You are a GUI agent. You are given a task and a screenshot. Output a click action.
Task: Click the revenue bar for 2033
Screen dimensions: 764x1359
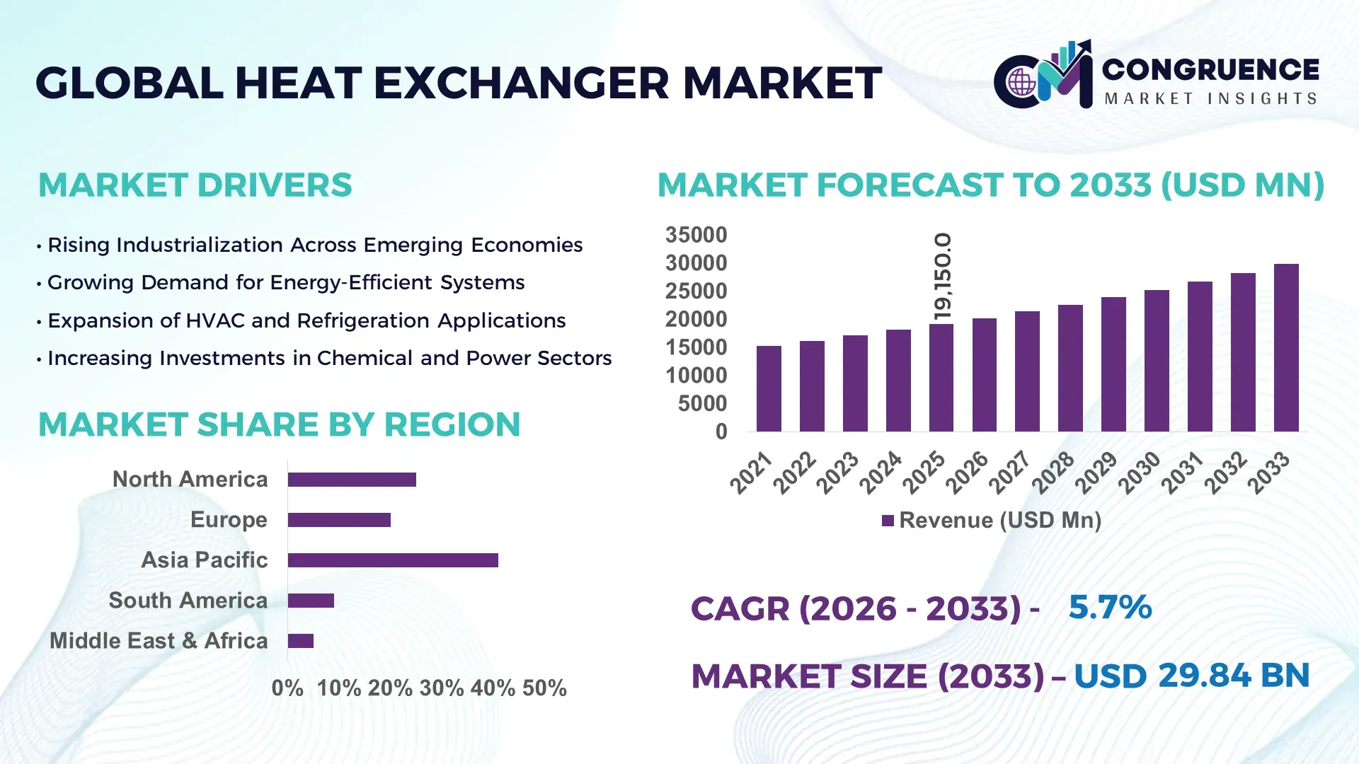coord(1286,348)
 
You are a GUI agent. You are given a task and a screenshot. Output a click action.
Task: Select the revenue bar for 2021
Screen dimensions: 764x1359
coord(769,389)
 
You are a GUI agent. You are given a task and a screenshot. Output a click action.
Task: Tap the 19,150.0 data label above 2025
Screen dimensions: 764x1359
coord(943,277)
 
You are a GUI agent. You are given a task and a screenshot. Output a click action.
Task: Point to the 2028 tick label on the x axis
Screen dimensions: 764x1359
coord(1053,472)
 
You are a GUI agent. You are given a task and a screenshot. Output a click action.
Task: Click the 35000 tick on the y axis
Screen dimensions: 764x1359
coord(696,235)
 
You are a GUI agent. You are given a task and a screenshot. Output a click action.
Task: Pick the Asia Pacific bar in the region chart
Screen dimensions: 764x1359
coord(393,560)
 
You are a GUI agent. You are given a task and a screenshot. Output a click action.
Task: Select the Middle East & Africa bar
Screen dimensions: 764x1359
coord(301,641)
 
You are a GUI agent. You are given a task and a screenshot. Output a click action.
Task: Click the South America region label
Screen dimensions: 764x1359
coord(188,601)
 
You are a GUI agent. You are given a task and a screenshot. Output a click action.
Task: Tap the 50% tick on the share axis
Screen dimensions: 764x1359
coord(544,688)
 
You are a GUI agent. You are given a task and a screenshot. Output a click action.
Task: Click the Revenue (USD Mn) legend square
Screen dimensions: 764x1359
coord(888,521)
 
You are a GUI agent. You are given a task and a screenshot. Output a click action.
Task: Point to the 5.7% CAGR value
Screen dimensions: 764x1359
coord(1109,608)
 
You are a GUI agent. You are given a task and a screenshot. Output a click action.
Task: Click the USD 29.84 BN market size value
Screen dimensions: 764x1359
coord(1191,676)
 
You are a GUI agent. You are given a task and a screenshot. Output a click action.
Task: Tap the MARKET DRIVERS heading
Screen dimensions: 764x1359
coord(195,185)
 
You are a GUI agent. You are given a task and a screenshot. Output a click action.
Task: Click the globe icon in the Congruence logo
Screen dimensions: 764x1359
coord(1021,83)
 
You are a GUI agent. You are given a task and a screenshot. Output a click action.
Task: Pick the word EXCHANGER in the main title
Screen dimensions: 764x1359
coord(521,83)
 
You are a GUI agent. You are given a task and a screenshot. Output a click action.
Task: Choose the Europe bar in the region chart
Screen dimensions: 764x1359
coord(339,520)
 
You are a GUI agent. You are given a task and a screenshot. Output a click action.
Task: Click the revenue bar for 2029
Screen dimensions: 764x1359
coord(1113,364)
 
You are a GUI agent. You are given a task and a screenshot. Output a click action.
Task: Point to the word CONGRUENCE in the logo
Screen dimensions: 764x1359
coord(1210,69)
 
